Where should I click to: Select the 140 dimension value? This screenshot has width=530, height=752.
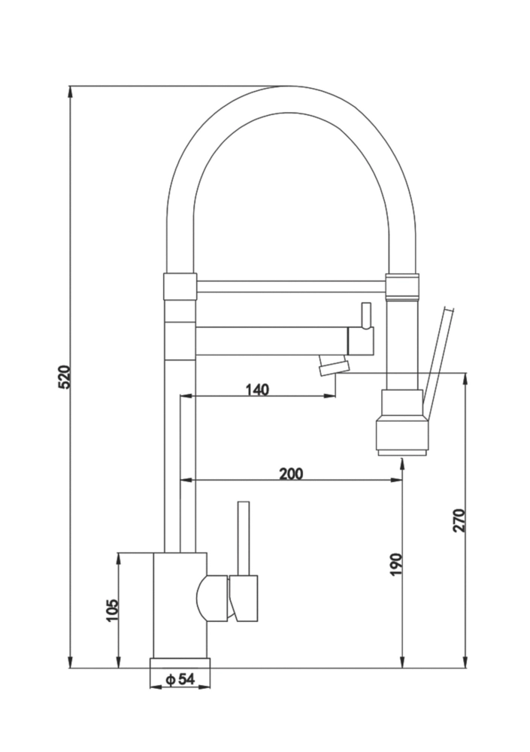pyautogui.click(x=257, y=389)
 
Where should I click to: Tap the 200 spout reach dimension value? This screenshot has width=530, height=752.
pyautogui.click(x=291, y=473)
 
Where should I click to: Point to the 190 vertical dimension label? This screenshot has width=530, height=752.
pyautogui.click(x=396, y=565)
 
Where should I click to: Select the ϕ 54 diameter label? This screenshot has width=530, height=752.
pyautogui.click(x=180, y=679)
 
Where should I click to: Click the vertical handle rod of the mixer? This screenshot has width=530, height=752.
pyautogui.click(x=243, y=538)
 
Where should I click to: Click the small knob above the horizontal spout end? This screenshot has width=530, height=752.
pyautogui.click(x=366, y=315)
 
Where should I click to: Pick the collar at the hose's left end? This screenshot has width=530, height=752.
pyautogui.click(x=180, y=286)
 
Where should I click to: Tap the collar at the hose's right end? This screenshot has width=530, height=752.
pyautogui.click(x=401, y=287)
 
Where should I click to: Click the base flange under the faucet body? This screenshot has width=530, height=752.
pyautogui.click(x=180, y=662)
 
